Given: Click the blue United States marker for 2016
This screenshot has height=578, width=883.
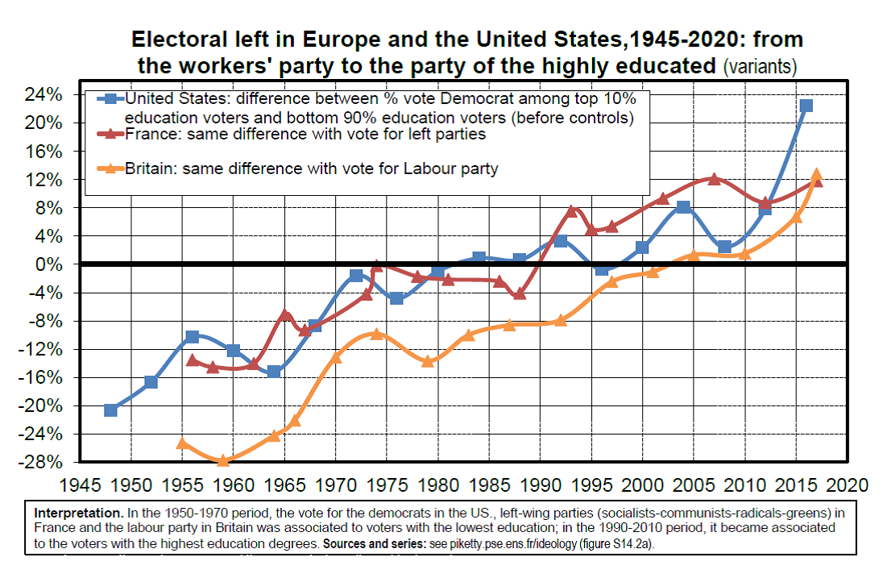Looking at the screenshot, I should pos(806,106).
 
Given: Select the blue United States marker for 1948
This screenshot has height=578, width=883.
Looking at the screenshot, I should pos(110,410).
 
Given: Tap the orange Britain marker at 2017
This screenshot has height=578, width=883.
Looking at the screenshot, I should pos(816,174).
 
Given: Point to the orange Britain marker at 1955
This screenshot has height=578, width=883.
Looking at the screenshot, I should pos(182,443).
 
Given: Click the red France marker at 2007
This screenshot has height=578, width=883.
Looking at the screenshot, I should pos(714,178).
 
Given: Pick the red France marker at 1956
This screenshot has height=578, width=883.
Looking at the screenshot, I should pos(193,360).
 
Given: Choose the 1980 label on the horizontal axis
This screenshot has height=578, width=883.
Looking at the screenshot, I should pos(437,485).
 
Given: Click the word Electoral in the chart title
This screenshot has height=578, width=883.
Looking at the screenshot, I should pos(179,40).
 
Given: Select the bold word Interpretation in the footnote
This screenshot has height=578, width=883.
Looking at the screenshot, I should pos(79,513).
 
